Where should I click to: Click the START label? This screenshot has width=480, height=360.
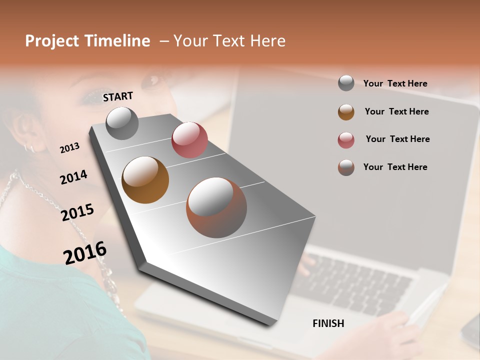click(x=118, y=96)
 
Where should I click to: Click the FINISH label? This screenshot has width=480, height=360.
click(x=328, y=323)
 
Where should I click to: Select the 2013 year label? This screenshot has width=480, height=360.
click(x=69, y=148)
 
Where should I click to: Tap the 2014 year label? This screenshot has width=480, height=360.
click(x=73, y=177)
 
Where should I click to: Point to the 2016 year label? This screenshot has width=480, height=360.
click(x=85, y=253)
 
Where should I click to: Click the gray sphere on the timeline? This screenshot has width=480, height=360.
click(x=122, y=123)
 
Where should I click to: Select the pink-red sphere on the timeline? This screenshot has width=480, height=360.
click(x=189, y=140)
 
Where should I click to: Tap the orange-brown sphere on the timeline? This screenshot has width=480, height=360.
click(x=145, y=180)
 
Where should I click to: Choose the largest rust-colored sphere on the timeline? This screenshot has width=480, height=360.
click(x=216, y=207)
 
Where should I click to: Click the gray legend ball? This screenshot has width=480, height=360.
click(x=346, y=83)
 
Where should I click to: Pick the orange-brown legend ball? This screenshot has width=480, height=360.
click(x=346, y=112)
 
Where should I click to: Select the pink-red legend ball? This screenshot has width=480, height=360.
click(x=346, y=140)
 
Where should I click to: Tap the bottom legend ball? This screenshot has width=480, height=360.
click(x=346, y=167)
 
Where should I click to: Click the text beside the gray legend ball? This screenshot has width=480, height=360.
click(x=395, y=83)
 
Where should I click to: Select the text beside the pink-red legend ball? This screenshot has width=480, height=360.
click(x=397, y=139)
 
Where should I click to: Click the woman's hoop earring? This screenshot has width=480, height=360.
click(x=29, y=147)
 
